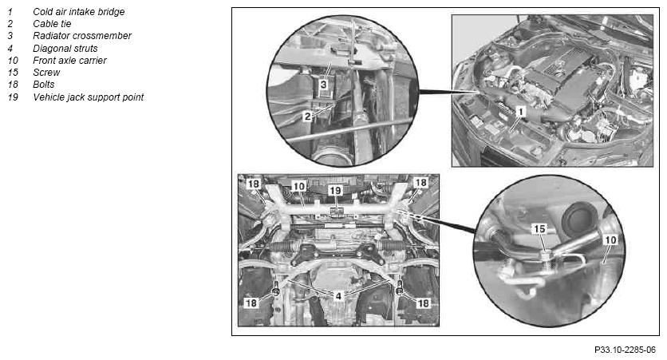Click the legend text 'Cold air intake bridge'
79,12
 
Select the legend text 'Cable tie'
52,24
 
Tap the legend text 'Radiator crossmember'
82,36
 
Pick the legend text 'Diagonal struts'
65,49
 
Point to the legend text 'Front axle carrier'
69,61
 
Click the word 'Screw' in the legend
46,73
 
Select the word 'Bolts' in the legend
43,85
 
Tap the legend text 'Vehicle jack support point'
88,97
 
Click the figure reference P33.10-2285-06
625,350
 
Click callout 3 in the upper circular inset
324,85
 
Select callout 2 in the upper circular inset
307,116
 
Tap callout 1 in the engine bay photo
520,112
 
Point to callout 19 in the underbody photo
336,190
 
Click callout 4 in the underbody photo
338,296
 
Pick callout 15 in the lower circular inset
539,229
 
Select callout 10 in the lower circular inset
610,240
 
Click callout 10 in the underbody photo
299,186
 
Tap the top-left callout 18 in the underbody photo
254,184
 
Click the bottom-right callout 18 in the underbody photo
423,303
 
